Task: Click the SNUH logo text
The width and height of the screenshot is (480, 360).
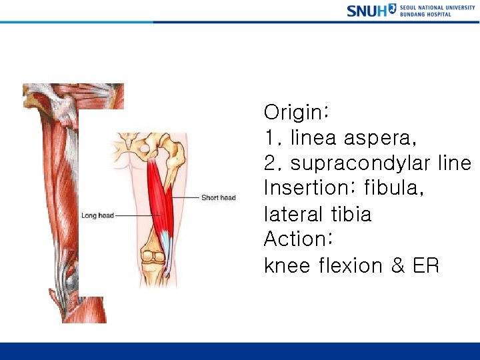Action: click(366, 11)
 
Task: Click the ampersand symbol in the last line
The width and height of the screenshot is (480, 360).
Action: click(398, 265)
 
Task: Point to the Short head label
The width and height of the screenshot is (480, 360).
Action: click(218, 197)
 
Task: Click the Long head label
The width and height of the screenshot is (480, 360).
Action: click(97, 215)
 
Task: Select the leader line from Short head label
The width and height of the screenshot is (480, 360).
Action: click(187, 197)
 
